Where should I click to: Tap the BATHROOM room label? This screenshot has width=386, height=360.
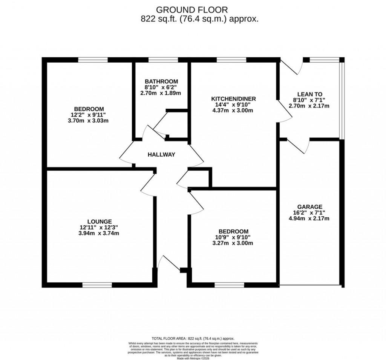161,82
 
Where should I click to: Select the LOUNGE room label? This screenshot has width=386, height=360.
100,222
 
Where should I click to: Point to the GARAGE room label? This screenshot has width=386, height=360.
309,207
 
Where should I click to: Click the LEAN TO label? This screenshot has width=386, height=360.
309,94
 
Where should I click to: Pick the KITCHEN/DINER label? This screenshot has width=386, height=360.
233,99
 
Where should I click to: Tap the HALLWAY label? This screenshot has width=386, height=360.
161,154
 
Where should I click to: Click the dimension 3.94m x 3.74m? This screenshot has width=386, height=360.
100,233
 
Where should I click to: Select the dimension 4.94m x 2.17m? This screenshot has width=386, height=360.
309,218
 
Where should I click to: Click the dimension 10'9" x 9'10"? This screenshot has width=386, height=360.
234,237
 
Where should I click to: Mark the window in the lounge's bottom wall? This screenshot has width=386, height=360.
97,285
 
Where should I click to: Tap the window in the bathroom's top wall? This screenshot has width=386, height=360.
163,60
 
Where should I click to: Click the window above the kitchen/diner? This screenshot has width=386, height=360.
231,60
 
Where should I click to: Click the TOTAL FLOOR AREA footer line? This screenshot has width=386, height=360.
193,338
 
